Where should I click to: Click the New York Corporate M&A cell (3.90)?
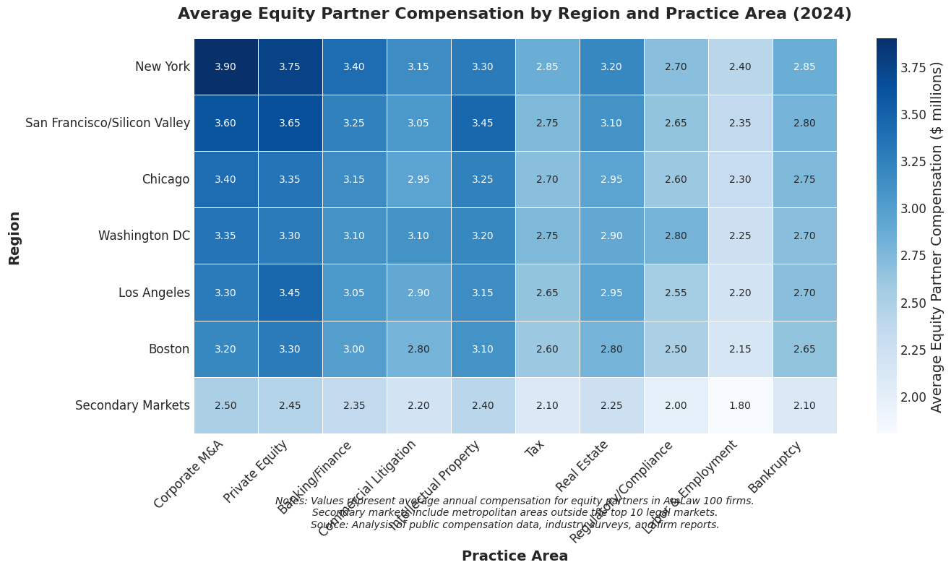click(x=225, y=66)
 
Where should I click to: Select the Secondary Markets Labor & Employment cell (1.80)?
click(x=740, y=405)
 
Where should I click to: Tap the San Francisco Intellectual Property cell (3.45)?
click(x=483, y=123)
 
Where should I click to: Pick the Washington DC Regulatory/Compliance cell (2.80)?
click(x=676, y=236)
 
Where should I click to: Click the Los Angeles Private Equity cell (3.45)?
click(x=290, y=293)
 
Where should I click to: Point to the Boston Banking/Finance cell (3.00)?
click(x=354, y=349)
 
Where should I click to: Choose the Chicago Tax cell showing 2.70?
click(x=547, y=179)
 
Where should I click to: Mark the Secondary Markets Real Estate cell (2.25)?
click(x=611, y=405)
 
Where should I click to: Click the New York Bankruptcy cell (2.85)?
click(x=804, y=66)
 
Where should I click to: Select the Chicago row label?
click(x=165, y=179)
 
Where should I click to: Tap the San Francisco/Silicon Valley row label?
click(x=108, y=123)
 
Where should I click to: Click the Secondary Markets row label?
click(x=132, y=405)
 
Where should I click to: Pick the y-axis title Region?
click(x=14, y=238)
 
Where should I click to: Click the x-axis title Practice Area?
click(x=515, y=556)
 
